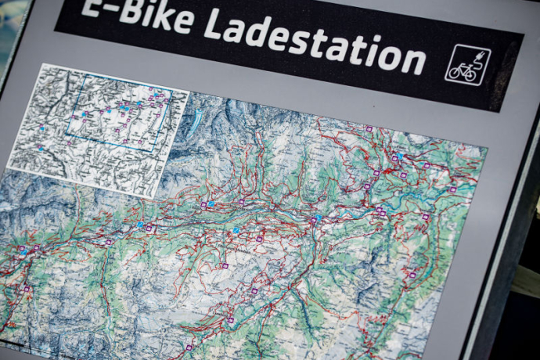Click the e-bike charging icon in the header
point(467,65)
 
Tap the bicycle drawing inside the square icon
point(464,70)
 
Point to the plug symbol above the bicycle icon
point(474,56)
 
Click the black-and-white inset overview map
point(98,129)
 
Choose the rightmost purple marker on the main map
point(452,189)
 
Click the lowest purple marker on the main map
point(189,347)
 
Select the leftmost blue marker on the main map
point(22,251)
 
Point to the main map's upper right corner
point(486,148)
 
